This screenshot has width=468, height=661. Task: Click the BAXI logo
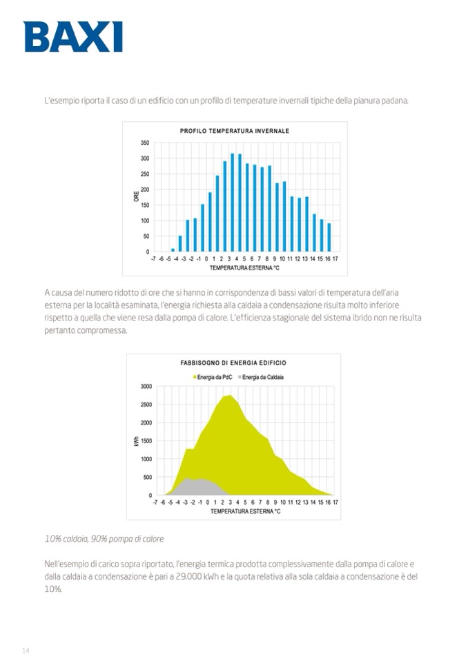click(x=73, y=37)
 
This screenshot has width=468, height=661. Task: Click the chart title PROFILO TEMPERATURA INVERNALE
click(x=234, y=130)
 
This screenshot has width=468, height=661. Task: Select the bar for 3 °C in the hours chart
click(x=233, y=203)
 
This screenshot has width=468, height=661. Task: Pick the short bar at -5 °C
click(x=173, y=250)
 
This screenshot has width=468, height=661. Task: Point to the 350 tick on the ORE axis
click(x=145, y=143)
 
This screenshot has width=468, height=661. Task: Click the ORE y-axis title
click(x=135, y=197)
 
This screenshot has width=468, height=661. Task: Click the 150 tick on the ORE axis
click(x=145, y=205)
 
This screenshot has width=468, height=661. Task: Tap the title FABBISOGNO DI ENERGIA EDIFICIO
click(x=233, y=363)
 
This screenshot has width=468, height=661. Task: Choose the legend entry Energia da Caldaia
click(x=262, y=376)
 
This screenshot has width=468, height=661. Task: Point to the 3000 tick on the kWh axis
click(x=146, y=386)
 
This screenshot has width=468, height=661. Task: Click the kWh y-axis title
click(x=136, y=440)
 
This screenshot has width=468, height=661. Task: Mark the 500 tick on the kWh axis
click(x=147, y=477)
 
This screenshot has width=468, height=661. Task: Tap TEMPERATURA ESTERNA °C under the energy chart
click(x=245, y=511)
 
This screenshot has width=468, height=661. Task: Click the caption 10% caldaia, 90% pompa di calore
click(x=104, y=538)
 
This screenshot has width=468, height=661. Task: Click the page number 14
click(x=26, y=650)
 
